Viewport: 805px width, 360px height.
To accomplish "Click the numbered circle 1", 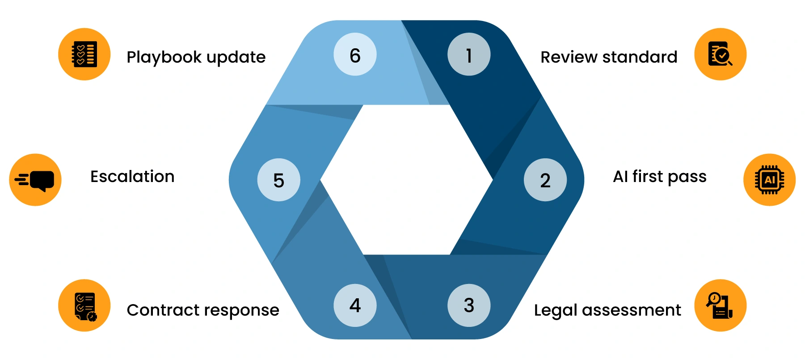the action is point(469,55).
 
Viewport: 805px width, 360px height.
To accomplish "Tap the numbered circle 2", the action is point(545,180).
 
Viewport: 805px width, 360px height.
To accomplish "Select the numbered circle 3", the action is point(469,305).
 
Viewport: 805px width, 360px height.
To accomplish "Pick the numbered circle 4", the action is point(355,305).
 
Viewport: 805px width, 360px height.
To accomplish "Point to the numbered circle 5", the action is point(279,180).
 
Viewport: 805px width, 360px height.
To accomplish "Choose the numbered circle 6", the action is point(355,55).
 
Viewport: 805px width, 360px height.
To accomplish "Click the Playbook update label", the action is point(196,58).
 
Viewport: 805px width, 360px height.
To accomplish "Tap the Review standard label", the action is point(609,57).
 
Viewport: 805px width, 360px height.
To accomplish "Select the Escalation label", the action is point(132,177).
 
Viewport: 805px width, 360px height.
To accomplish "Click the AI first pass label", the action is point(660,177).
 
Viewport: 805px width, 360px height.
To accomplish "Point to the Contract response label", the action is point(203,310).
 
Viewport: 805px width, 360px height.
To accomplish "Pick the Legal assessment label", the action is point(607,310).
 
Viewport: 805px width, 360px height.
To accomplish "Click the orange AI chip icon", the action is point(769,180).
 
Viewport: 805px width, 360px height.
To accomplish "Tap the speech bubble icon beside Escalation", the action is point(35,180).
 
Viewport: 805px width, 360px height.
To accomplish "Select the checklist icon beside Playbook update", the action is point(84,54).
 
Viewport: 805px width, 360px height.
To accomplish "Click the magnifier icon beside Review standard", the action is point(720,54).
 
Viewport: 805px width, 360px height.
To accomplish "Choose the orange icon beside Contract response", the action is point(84,305).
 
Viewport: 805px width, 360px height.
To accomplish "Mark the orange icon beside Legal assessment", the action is point(720,305).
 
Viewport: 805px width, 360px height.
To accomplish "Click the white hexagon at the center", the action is point(406,180).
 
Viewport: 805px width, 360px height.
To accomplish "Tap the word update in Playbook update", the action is point(236,58).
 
